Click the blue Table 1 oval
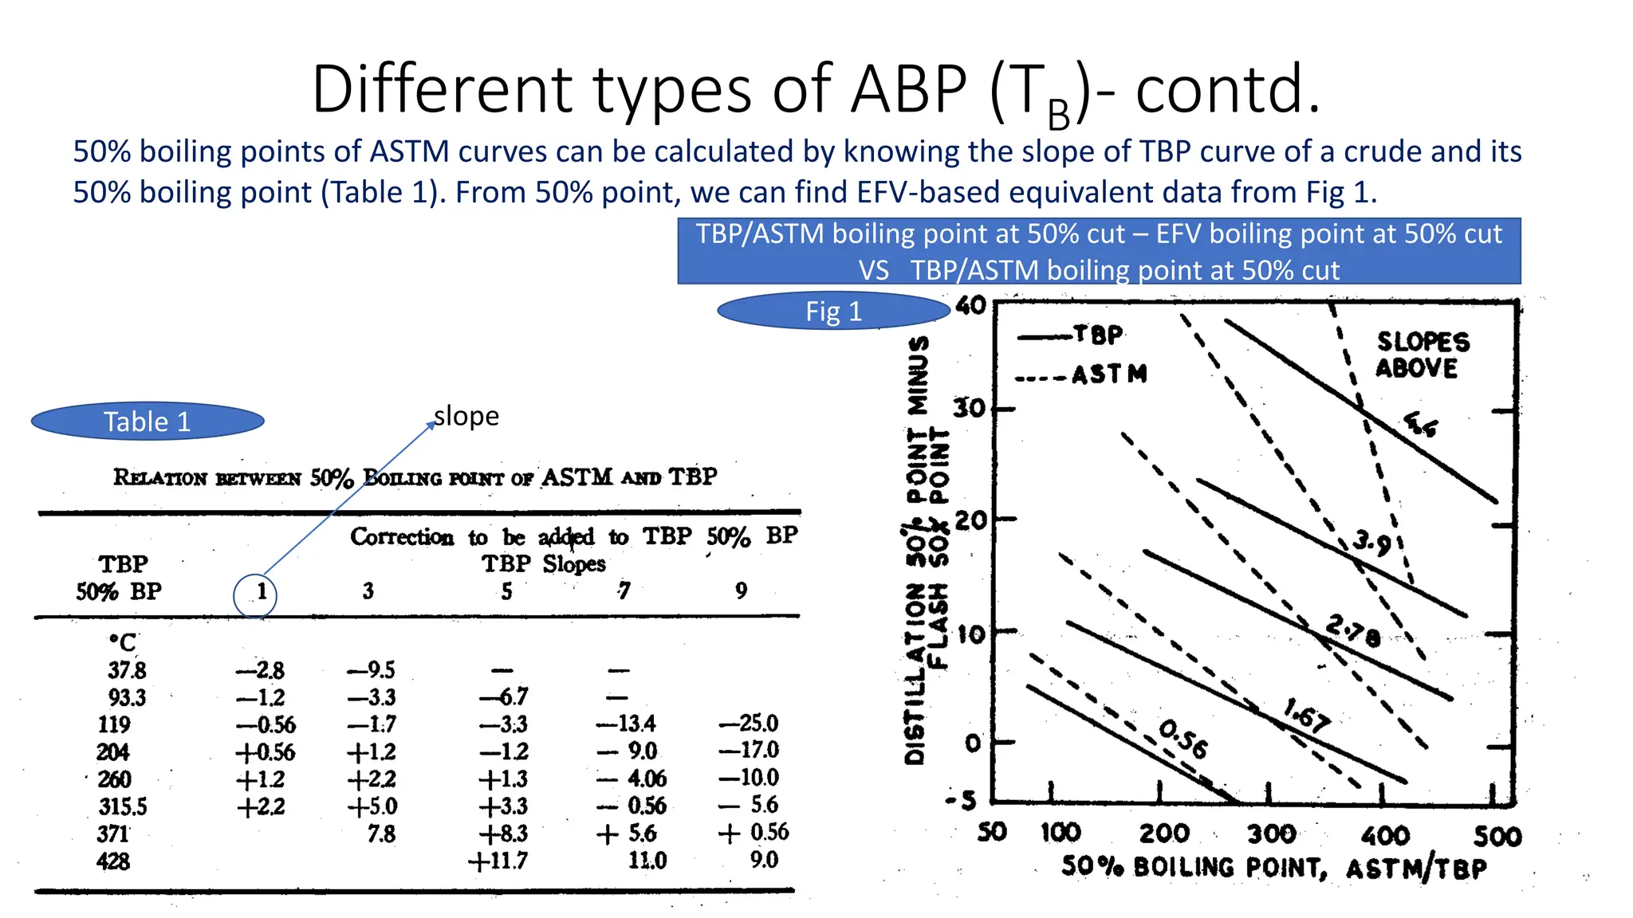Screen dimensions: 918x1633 (x=148, y=421)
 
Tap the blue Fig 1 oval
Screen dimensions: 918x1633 (x=833, y=311)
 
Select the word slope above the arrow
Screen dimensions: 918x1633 (x=466, y=416)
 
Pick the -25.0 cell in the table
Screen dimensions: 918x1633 (x=749, y=724)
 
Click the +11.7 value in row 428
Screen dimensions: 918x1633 (x=498, y=861)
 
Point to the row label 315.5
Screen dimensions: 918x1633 (x=123, y=806)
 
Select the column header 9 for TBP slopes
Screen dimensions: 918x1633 (x=742, y=590)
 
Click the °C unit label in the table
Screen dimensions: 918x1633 (x=123, y=642)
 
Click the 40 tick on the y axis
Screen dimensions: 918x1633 (x=970, y=306)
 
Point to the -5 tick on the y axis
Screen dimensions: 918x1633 (x=962, y=801)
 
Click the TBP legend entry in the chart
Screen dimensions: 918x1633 (x=1098, y=335)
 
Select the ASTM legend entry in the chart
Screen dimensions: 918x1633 (x=1108, y=375)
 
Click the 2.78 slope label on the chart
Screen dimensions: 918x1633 (x=1353, y=631)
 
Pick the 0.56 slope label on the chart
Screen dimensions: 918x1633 (x=1183, y=739)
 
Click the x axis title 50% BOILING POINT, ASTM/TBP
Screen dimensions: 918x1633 (x=1273, y=868)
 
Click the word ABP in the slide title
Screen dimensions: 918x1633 (x=909, y=89)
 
